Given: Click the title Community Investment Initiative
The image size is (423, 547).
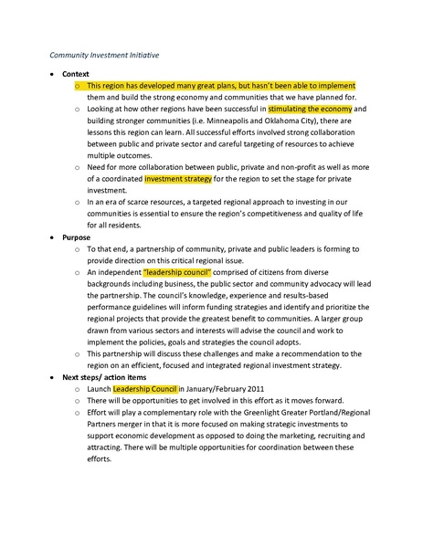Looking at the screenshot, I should click(105, 55).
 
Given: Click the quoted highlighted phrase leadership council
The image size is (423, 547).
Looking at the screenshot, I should click(178, 271).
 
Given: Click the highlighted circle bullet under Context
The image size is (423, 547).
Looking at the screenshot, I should click(78, 85).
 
